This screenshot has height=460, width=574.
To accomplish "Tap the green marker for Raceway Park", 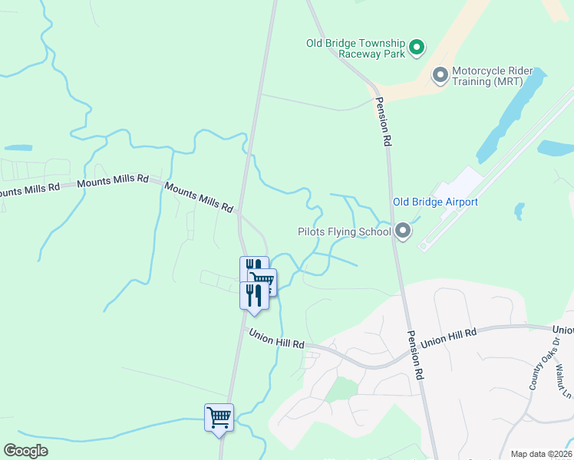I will pyautogui.click(x=416, y=48).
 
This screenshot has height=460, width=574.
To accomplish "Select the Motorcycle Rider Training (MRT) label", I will pyautogui.click(x=487, y=75).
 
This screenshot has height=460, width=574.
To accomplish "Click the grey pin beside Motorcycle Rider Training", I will pyautogui.click(x=440, y=75).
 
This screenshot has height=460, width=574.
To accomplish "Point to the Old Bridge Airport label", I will pyautogui.click(x=435, y=202).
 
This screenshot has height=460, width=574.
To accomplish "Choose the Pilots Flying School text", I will pyautogui.click(x=344, y=232).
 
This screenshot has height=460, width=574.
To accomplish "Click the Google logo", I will pyautogui.click(x=25, y=451).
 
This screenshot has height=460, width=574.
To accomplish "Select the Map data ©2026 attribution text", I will pyautogui.click(x=541, y=454).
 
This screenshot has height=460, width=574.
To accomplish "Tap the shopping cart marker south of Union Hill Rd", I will pyautogui.click(x=219, y=418).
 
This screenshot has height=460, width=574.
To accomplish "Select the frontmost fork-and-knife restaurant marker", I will pyautogui.click(x=254, y=295).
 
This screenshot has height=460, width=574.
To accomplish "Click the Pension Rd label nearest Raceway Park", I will pyautogui.click(x=383, y=122).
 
